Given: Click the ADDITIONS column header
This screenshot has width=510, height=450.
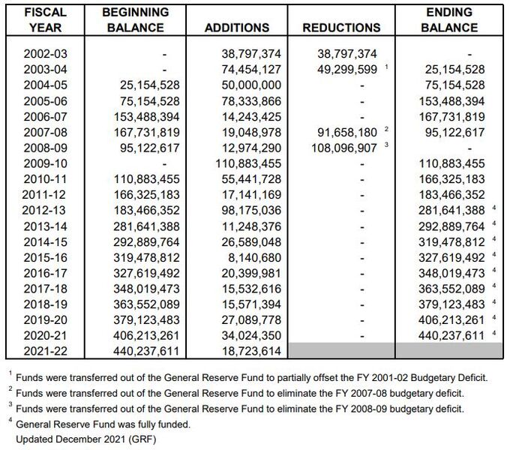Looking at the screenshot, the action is click(x=237, y=28).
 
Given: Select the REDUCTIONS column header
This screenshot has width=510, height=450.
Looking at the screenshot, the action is click(x=341, y=28).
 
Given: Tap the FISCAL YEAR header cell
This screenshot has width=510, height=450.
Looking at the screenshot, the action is click(x=45, y=19).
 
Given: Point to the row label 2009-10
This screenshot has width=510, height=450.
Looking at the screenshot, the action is click(x=45, y=163).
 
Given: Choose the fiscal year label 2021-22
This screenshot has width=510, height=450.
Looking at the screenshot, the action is click(x=45, y=351).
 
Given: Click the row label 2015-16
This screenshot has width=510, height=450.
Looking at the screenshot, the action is click(x=45, y=257).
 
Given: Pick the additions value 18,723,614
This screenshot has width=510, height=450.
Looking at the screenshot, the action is click(x=251, y=351).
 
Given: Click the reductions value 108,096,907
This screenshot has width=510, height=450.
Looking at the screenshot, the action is click(x=344, y=148).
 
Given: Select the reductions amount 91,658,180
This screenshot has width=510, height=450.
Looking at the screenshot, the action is click(x=347, y=132).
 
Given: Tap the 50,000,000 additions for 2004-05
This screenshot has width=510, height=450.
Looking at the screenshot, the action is click(x=251, y=85).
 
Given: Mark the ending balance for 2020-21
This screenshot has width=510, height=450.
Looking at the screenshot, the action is click(x=451, y=335).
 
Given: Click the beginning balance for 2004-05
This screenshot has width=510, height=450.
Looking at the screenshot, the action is click(x=149, y=85).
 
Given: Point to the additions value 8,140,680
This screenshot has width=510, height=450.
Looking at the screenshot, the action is click(x=254, y=257).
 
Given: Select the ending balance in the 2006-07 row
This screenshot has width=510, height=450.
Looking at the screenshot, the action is click(x=451, y=116).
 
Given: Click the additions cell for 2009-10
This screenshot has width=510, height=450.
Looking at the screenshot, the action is click(x=248, y=163).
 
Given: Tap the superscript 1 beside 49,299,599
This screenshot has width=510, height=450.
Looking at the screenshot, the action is click(x=386, y=66).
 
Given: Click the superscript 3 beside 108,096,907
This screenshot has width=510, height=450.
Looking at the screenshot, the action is click(x=386, y=145).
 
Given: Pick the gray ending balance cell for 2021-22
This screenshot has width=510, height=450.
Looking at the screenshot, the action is click(x=449, y=350).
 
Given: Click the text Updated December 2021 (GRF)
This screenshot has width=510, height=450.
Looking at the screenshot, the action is click(x=86, y=439).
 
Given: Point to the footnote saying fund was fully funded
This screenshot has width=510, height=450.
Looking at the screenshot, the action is click(x=103, y=424).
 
